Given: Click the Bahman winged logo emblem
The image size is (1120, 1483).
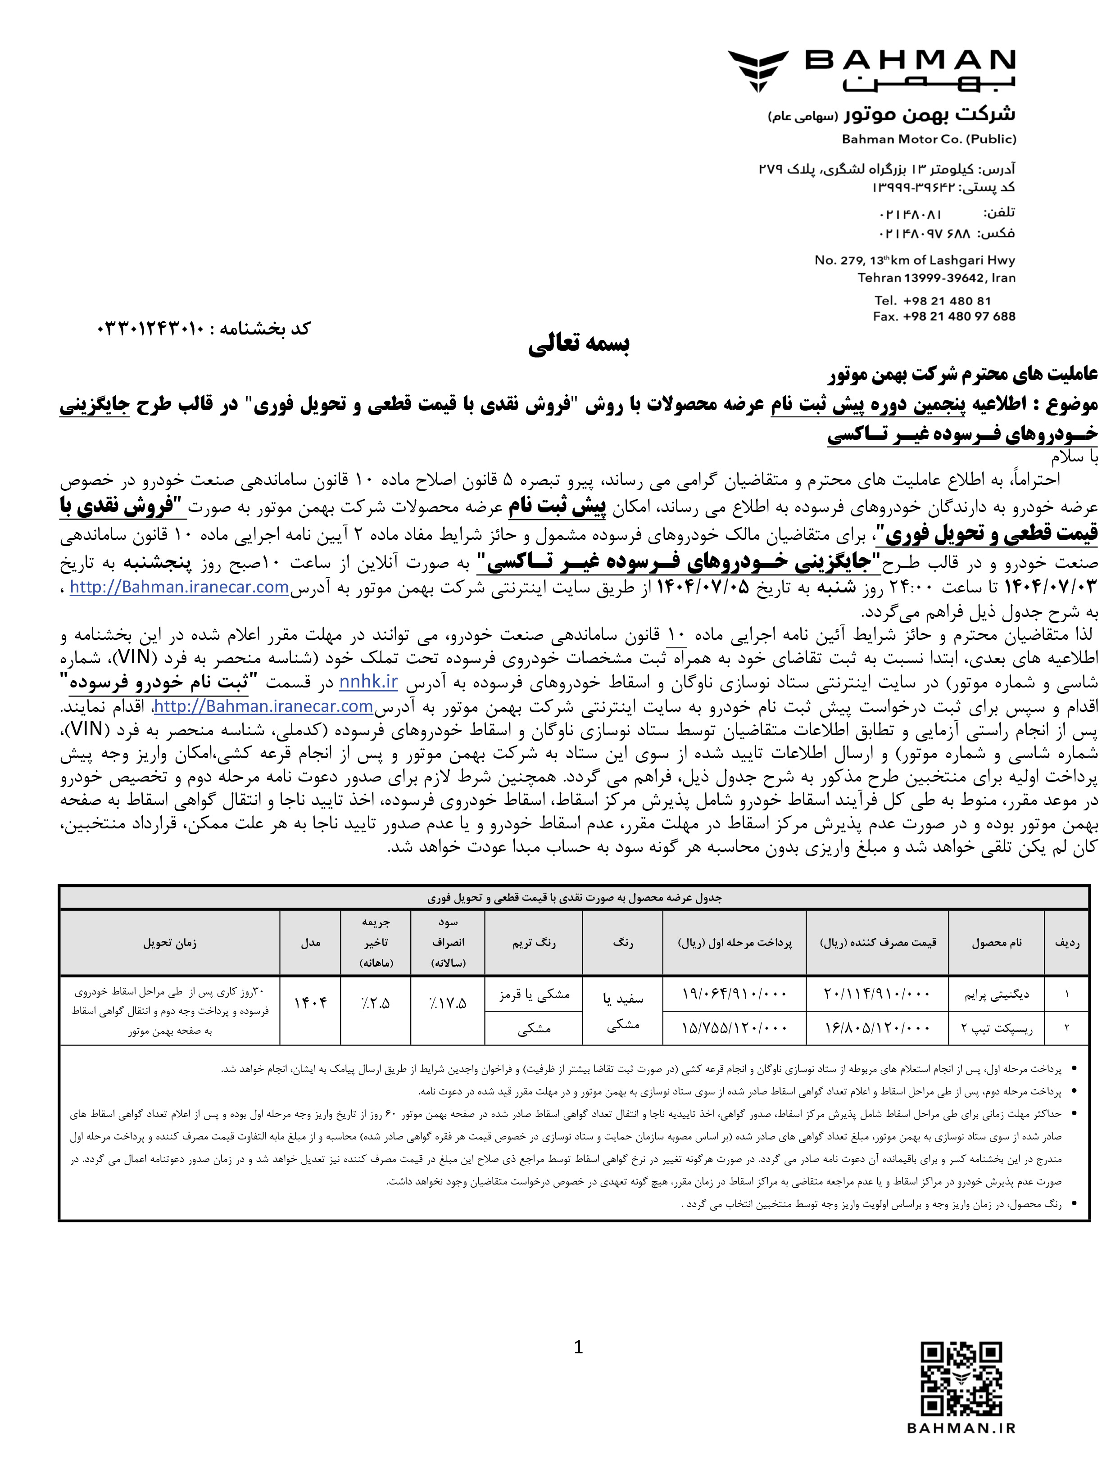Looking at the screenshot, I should tap(758, 70).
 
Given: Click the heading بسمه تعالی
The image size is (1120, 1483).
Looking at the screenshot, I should tap(578, 344).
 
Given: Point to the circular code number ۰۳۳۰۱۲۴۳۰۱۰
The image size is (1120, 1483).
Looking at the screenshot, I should tap(150, 329).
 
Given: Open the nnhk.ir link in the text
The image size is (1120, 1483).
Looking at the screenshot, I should tap(368, 682).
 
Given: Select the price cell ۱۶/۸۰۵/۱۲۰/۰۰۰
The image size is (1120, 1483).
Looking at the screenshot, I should tap(877, 1028).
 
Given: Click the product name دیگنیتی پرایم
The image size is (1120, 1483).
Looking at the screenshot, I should tap(997, 994).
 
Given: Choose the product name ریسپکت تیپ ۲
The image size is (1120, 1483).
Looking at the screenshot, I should tap(997, 1028).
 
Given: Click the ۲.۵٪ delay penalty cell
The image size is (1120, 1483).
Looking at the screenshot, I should tap(376, 1004).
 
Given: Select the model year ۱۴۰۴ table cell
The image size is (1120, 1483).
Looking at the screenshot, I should tap(310, 1004).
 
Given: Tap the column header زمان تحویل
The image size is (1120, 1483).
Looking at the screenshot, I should tap(169, 943).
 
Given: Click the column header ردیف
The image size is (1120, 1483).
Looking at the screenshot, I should tap(1066, 943).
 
